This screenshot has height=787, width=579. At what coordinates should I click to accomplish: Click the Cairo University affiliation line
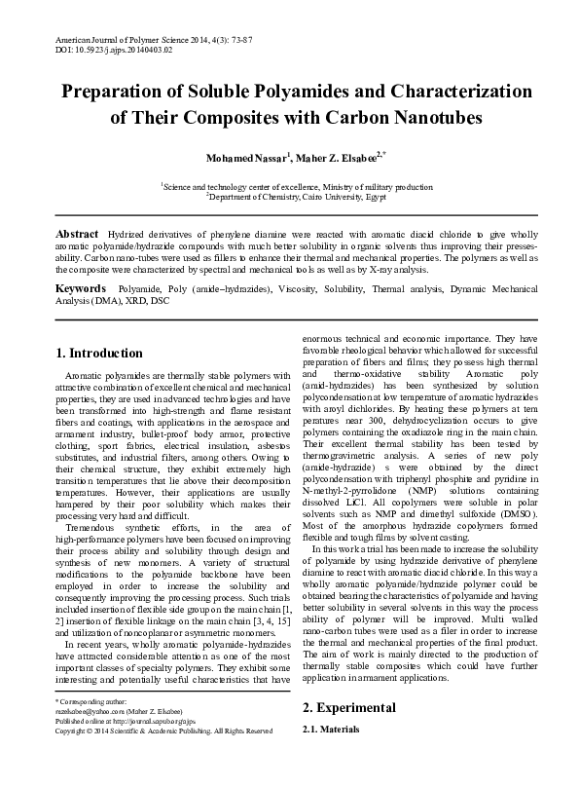point(290,195)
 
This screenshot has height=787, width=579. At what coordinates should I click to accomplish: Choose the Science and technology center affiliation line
point(290,184)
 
